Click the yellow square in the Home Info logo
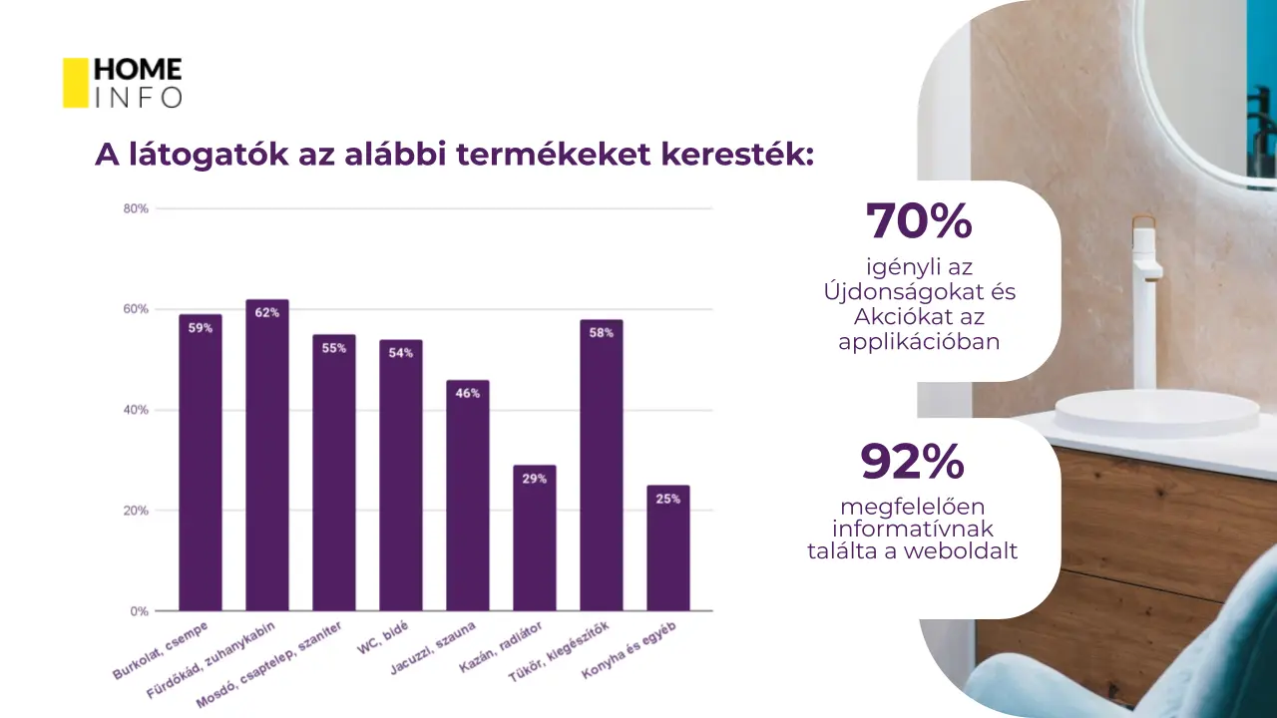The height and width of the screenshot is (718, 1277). (76, 83)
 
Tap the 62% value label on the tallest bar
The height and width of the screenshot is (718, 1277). (267, 312)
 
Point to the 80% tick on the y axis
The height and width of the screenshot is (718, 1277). (136, 208)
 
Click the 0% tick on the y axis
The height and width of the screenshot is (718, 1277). (139, 611)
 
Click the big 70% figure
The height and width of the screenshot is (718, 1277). (918, 221)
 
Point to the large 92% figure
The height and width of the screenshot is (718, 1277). (912, 461)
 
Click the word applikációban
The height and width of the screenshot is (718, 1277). (918, 341)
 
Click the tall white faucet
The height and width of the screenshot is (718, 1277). (1144, 299)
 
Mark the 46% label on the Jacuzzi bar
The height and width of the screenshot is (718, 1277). (468, 393)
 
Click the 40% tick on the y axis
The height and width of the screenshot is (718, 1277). (136, 410)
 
